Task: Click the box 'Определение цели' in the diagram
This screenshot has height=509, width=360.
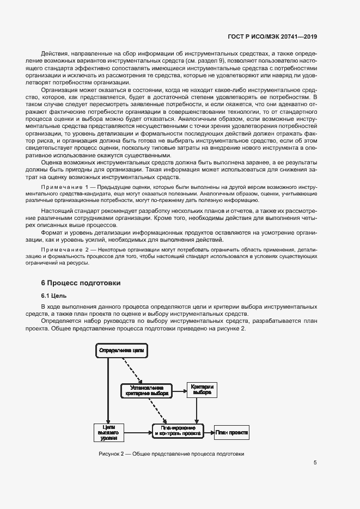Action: [121, 351]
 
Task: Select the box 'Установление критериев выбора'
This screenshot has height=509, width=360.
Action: [147, 390]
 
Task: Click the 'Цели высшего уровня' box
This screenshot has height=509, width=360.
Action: [108, 433]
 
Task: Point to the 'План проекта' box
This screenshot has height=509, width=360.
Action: [231, 433]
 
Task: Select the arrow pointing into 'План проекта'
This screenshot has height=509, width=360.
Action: [209, 433]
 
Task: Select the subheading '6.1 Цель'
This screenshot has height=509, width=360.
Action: [53, 296]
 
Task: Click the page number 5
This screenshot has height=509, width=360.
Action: [315, 463]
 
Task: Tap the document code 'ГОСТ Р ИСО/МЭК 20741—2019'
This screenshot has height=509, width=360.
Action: [272, 37]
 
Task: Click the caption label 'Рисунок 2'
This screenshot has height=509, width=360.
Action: [113, 454]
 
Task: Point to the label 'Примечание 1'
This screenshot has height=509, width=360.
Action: [74, 187]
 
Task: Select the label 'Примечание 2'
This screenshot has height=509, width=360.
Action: [74, 249]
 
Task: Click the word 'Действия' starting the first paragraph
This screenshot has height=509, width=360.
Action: [54, 54]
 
